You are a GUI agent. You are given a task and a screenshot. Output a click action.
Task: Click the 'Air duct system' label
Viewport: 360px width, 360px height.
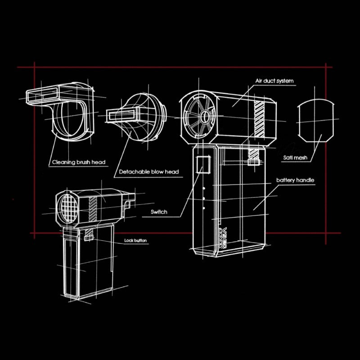coord(274,81)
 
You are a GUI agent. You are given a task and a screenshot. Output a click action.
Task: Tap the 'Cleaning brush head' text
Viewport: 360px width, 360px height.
coord(79,162)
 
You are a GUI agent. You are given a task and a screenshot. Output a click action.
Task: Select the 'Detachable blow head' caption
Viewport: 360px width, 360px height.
coord(149,171)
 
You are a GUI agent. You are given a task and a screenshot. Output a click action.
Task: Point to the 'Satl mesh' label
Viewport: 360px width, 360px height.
coord(295,158)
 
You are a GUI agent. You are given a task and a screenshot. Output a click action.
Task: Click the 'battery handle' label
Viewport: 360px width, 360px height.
coord(295,180)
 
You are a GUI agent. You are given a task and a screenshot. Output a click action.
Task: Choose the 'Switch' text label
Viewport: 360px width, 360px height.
coord(160,211)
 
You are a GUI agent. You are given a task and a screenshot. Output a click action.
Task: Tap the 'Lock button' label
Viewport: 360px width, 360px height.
coord(135,241)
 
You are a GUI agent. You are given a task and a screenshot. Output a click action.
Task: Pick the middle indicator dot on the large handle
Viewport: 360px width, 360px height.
coord(204,198)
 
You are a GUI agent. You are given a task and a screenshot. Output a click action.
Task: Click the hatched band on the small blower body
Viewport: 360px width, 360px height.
coord(93,208)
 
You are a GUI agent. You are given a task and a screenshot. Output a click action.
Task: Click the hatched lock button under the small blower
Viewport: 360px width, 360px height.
coord(89,234)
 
